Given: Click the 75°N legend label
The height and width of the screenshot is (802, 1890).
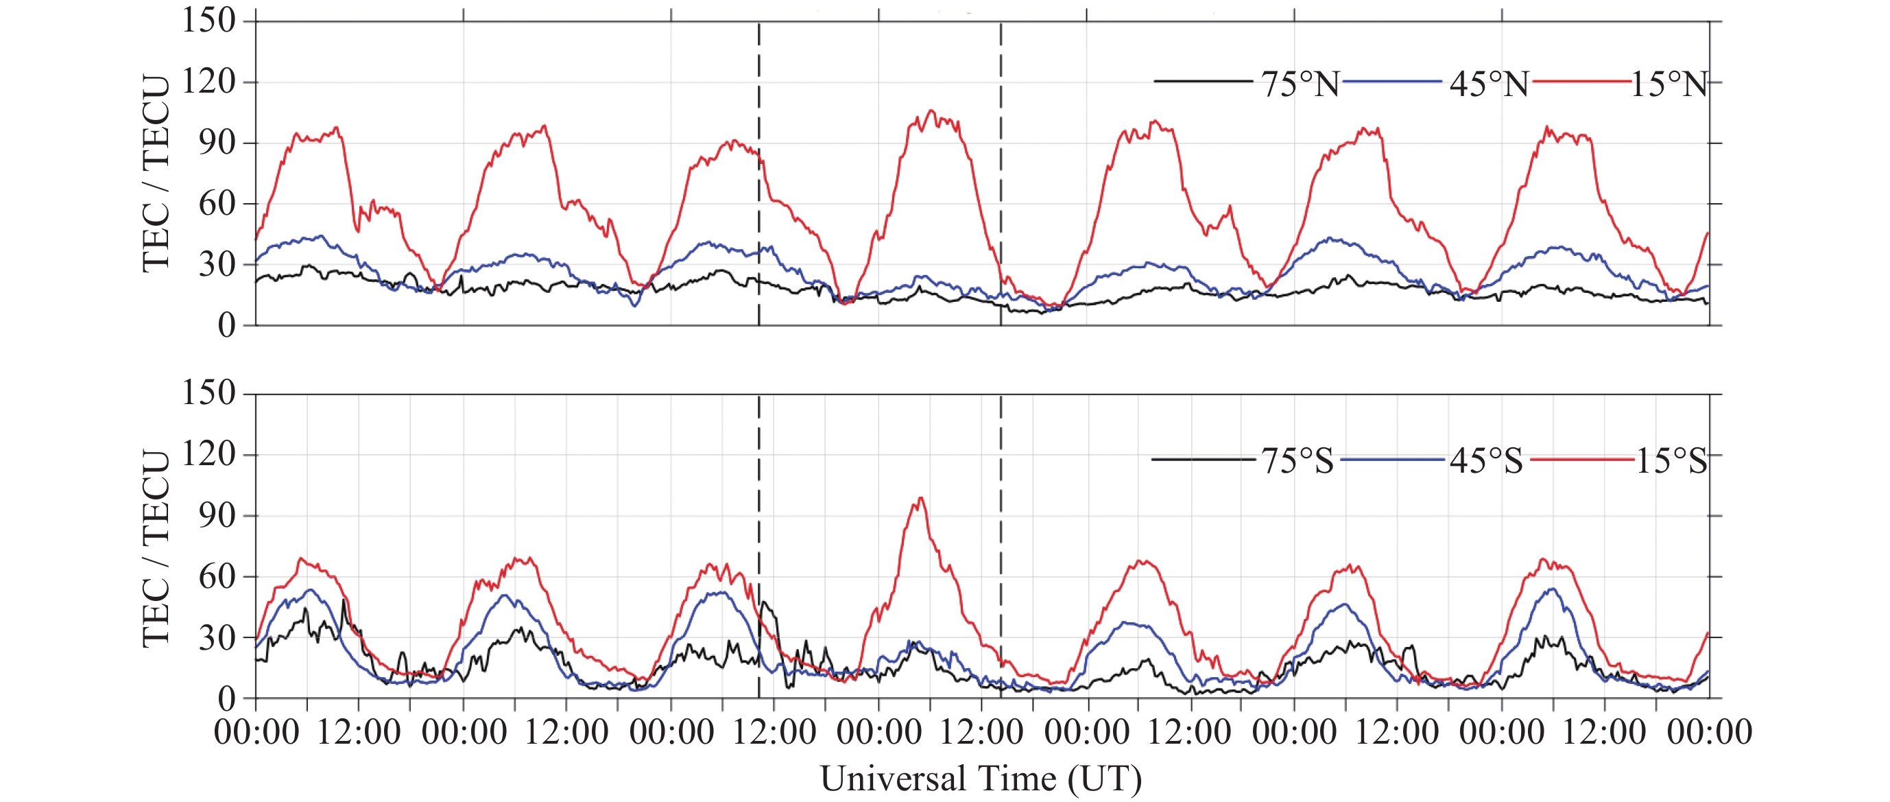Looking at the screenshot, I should pyautogui.click(x=1300, y=84).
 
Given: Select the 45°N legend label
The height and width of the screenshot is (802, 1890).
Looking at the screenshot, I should pyautogui.click(x=1489, y=84).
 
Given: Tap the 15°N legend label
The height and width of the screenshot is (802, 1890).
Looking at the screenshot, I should pyautogui.click(x=1670, y=84).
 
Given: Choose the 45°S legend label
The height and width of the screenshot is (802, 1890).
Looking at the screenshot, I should pyautogui.click(x=1485, y=461).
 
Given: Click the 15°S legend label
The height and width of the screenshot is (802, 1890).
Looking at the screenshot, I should pyautogui.click(x=1672, y=461).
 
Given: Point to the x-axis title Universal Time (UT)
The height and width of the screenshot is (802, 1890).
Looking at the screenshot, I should pyautogui.click(x=980, y=779).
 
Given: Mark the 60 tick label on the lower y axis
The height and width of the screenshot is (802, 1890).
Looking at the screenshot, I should pyautogui.click(x=217, y=576).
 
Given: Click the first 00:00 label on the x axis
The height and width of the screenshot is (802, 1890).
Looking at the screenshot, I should pyautogui.click(x=256, y=732).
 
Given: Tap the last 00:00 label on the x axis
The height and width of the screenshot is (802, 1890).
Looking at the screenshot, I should pyautogui.click(x=1709, y=732).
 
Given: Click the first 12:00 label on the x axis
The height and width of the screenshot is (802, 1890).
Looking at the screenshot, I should pyautogui.click(x=359, y=732).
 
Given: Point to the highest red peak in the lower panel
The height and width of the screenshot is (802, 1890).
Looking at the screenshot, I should pyautogui.click(x=921, y=498).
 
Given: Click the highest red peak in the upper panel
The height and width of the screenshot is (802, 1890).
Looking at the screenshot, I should pyautogui.click(x=932, y=110).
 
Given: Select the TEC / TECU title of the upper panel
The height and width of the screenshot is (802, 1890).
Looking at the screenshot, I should pyautogui.click(x=156, y=173).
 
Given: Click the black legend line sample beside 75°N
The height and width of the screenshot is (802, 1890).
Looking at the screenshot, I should pyautogui.click(x=1204, y=81).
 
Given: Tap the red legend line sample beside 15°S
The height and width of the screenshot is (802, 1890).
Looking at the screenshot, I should pyautogui.click(x=1582, y=460).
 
